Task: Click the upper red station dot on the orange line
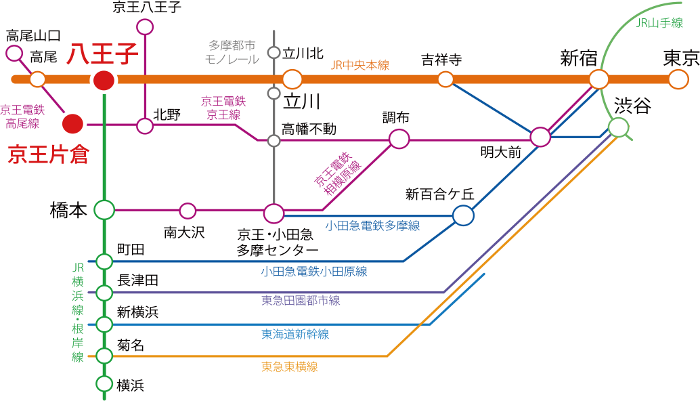coord(104,81)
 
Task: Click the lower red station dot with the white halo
coord(72,124)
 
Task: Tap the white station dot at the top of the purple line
coord(145,27)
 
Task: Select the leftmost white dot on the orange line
coord(37,79)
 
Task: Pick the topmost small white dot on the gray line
coord(274,52)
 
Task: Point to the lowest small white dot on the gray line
coord(274,141)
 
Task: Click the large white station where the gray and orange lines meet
coord(292,79)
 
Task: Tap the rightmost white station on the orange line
coord(678,79)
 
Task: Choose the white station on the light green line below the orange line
coord(618,127)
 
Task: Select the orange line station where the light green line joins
coord(598,79)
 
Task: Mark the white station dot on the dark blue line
coord(463,215)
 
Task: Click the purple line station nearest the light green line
coord(540,138)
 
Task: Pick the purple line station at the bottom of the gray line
coord(274,213)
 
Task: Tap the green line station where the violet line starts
coord(104,293)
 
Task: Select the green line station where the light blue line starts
coord(104,324)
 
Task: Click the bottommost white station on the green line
coord(104,383)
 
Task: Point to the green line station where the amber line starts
coord(104,356)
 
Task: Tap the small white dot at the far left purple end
coord(14,53)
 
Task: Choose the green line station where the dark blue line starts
coord(104,261)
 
